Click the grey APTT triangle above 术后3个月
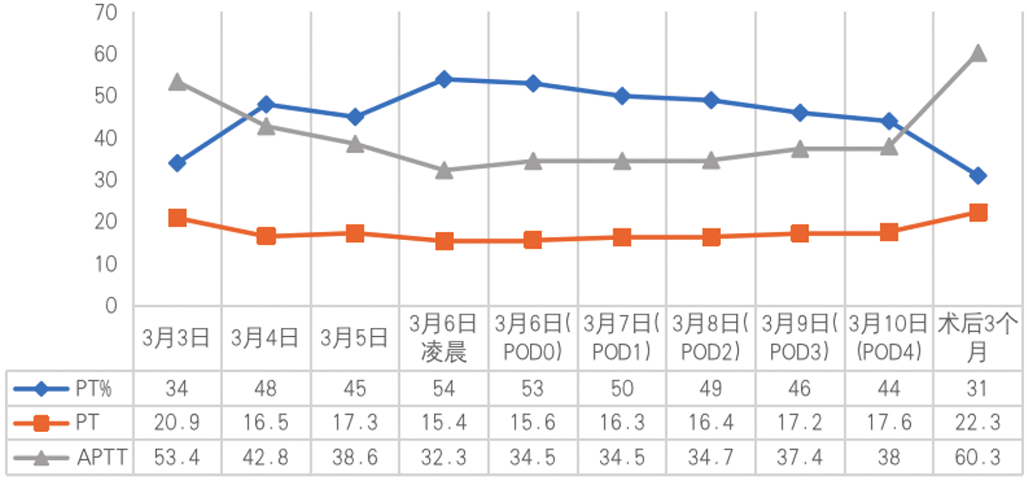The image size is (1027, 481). [x=978, y=53]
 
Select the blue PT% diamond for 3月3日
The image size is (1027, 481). [x=177, y=163]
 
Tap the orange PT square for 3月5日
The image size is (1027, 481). [x=355, y=234]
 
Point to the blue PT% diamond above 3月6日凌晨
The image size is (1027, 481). [x=444, y=79]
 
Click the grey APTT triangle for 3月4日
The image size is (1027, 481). [x=266, y=126]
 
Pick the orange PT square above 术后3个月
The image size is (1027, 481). [x=978, y=212]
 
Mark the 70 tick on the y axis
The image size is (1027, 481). [x=106, y=13]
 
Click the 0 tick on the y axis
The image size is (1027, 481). [x=111, y=306]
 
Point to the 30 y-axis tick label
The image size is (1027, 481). [x=106, y=180]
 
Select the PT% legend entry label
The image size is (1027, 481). [x=93, y=389]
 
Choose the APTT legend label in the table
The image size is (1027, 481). [x=102, y=457]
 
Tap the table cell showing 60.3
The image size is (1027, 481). [x=977, y=457]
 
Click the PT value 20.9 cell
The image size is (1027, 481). [x=177, y=423]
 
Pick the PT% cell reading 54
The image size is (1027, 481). [x=444, y=389]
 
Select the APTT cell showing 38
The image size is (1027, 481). [x=888, y=457]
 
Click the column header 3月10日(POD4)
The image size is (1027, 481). [x=888, y=338]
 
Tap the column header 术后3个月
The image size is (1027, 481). [x=977, y=338]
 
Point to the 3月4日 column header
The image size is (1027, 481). [x=265, y=338]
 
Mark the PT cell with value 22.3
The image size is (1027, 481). [x=977, y=423]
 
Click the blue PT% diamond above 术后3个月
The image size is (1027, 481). [x=978, y=176]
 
